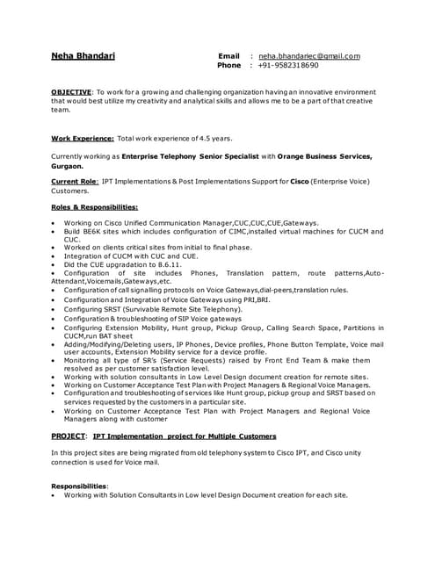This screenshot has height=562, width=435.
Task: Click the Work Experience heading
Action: [82, 138]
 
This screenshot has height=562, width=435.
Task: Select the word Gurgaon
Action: [67, 165]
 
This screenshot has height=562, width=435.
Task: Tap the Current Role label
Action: [74, 181]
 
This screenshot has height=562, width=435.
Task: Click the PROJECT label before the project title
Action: [69, 436]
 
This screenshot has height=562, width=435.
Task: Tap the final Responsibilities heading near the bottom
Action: [79, 485]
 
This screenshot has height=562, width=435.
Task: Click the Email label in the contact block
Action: [228, 56]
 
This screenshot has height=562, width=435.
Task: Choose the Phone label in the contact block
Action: [229, 66]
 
